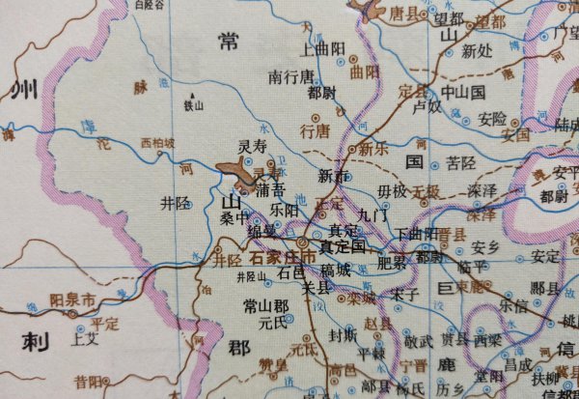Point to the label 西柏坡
(x=158, y=144)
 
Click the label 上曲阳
(x=323, y=46)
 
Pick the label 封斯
(x=344, y=336)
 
